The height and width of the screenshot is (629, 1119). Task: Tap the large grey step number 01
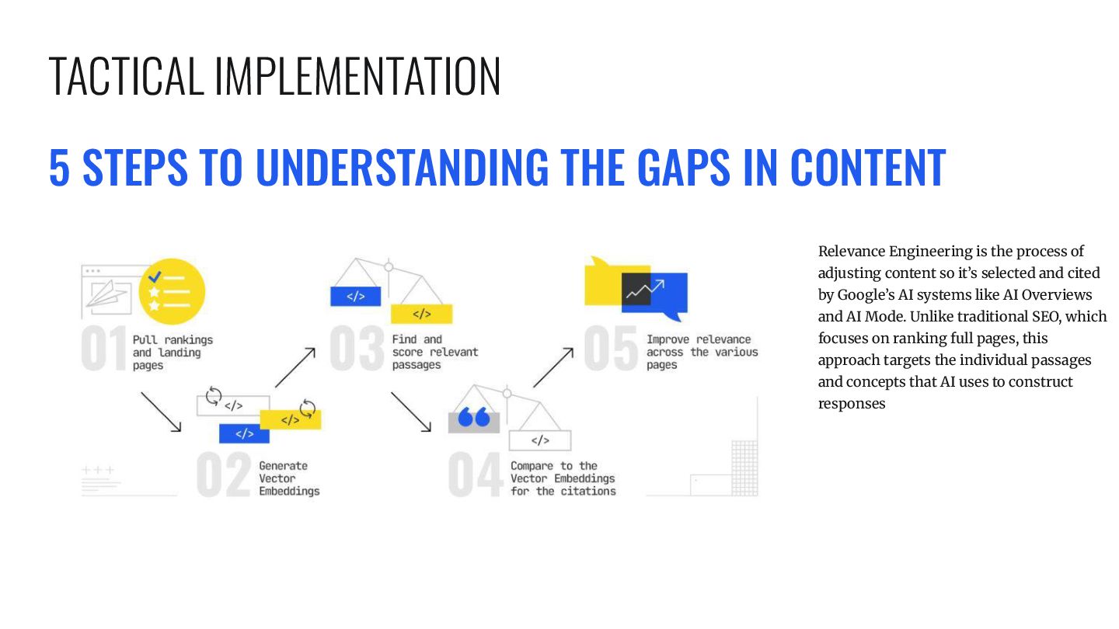point(104,351)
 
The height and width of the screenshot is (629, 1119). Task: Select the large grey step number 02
point(223,475)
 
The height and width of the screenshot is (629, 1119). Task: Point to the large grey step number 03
point(357,349)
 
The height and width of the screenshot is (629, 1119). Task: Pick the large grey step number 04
point(476,475)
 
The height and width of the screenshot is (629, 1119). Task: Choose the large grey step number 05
point(611,349)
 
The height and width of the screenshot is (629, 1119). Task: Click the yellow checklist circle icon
point(172,291)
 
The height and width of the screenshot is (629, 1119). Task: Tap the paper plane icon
point(109,294)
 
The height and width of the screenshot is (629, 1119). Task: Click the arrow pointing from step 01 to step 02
point(161,412)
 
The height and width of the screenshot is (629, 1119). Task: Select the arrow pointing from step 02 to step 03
point(295,367)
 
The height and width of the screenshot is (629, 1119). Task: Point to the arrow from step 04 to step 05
point(553,367)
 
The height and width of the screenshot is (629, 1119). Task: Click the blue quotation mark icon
point(473,418)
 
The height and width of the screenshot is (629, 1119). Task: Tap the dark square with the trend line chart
point(636,288)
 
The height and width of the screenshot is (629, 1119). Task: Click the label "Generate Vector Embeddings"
point(289,478)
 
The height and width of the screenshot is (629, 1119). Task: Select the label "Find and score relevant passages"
point(434,352)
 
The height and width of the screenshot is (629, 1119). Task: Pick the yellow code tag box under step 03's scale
point(421,314)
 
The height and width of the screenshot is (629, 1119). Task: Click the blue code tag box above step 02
point(244,433)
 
